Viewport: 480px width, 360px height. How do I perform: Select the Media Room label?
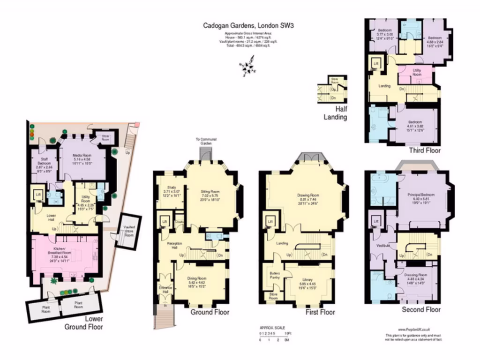point(82,155)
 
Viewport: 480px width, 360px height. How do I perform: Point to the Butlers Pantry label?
point(274,275)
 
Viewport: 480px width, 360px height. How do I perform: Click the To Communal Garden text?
point(205,141)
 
